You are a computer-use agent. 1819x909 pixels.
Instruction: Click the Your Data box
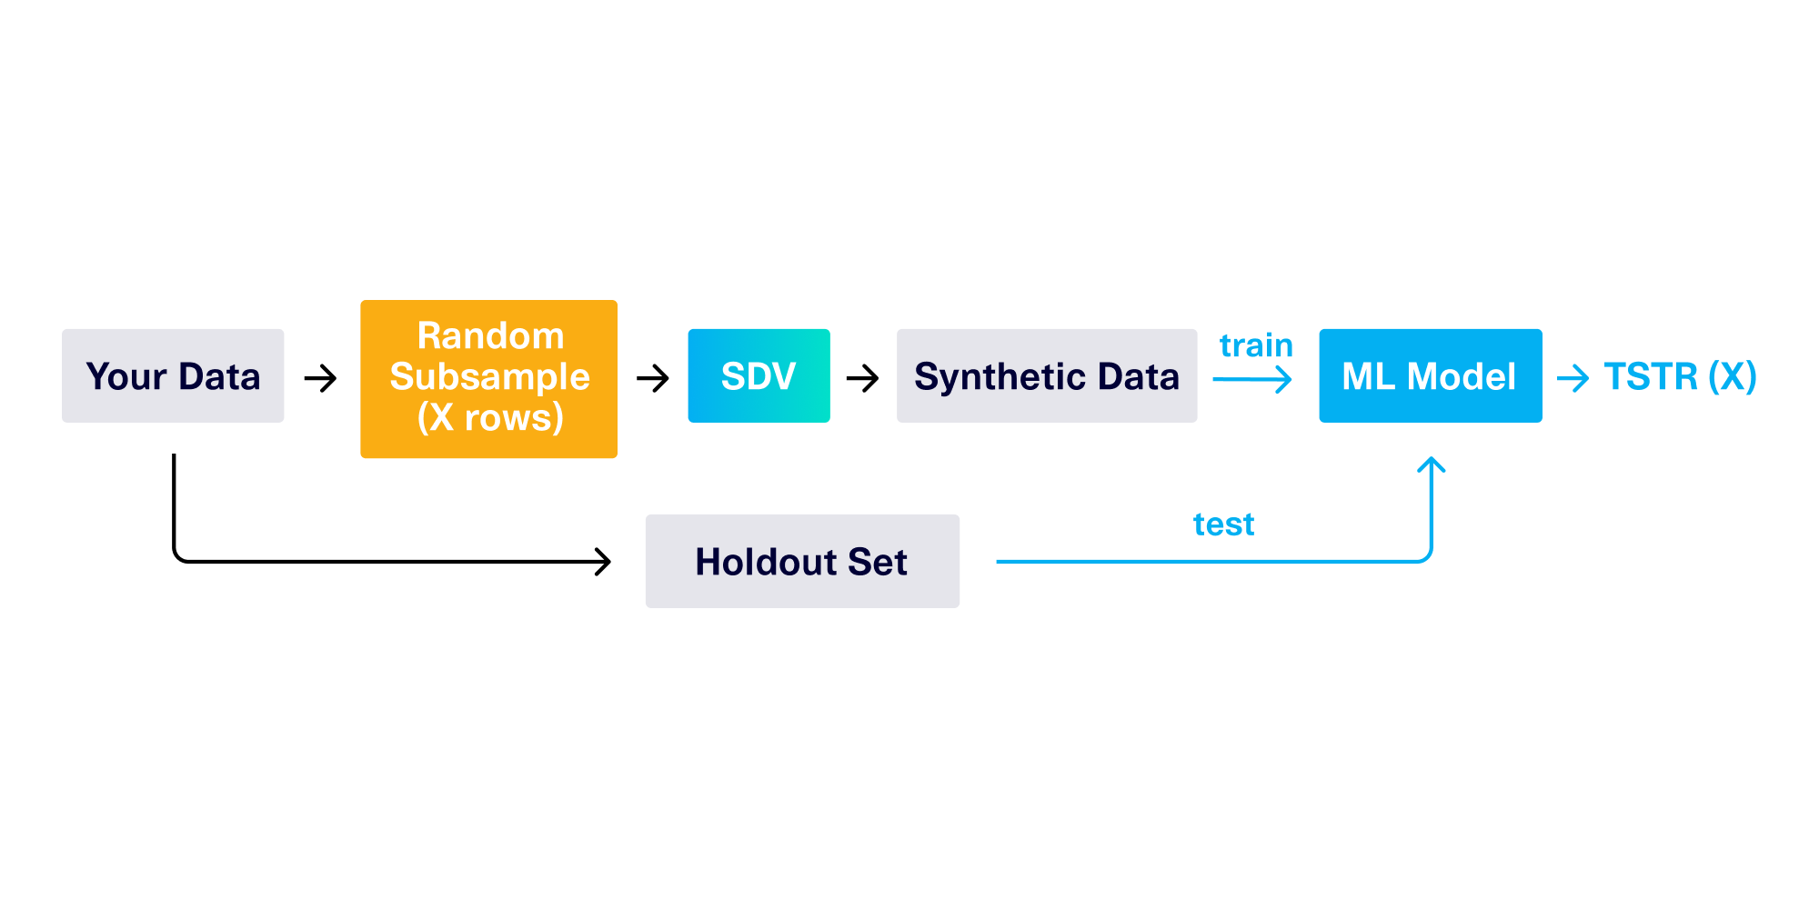pyautogui.click(x=173, y=375)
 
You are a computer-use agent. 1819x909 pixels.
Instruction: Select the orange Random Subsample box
pyautogui.click(x=488, y=378)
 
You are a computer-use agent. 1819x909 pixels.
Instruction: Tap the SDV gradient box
pyautogui.click(x=759, y=375)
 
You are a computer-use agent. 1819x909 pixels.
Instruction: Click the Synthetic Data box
pyautogui.click(x=1046, y=375)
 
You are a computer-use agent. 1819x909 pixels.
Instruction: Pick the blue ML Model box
pyautogui.click(x=1430, y=375)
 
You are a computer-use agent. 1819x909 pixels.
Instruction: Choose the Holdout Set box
pyautogui.click(x=801, y=561)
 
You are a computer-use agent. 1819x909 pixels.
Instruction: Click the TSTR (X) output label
pyautogui.click(x=1679, y=375)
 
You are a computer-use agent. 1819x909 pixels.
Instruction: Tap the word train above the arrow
pyautogui.click(x=1255, y=345)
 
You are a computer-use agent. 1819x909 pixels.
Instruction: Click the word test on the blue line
pyautogui.click(x=1223, y=524)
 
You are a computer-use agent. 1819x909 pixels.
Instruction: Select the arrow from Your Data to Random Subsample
pyautogui.click(x=320, y=378)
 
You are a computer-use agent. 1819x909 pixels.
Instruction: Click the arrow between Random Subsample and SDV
pyautogui.click(x=653, y=378)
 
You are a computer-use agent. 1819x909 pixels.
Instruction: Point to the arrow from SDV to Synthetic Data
pyautogui.click(x=862, y=378)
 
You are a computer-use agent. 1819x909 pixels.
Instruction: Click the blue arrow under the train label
pyautogui.click(x=1252, y=379)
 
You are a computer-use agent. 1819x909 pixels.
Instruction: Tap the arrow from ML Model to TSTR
pyautogui.click(x=1573, y=378)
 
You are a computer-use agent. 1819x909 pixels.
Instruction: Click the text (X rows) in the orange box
pyautogui.click(x=490, y=417)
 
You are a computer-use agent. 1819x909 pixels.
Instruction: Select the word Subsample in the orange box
pyautogui.click(x=489, y=376)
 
